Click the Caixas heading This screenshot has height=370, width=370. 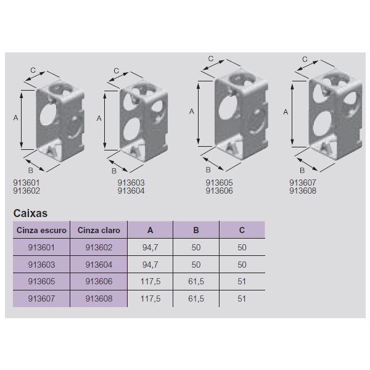tap(30, 213)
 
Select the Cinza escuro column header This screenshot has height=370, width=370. tap(41, 230)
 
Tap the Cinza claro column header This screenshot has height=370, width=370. tap(99, 230)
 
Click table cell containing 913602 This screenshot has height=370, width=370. tap(99, 247)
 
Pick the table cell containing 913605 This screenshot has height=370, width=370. tap(41, 281)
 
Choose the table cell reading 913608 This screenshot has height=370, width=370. tap(99, 298)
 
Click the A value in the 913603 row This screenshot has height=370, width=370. tap(150, 265)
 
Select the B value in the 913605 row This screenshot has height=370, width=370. tap(196, 281)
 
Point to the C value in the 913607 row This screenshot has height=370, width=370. tap(242, 298)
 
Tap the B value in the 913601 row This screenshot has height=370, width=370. tap(196, 247)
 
